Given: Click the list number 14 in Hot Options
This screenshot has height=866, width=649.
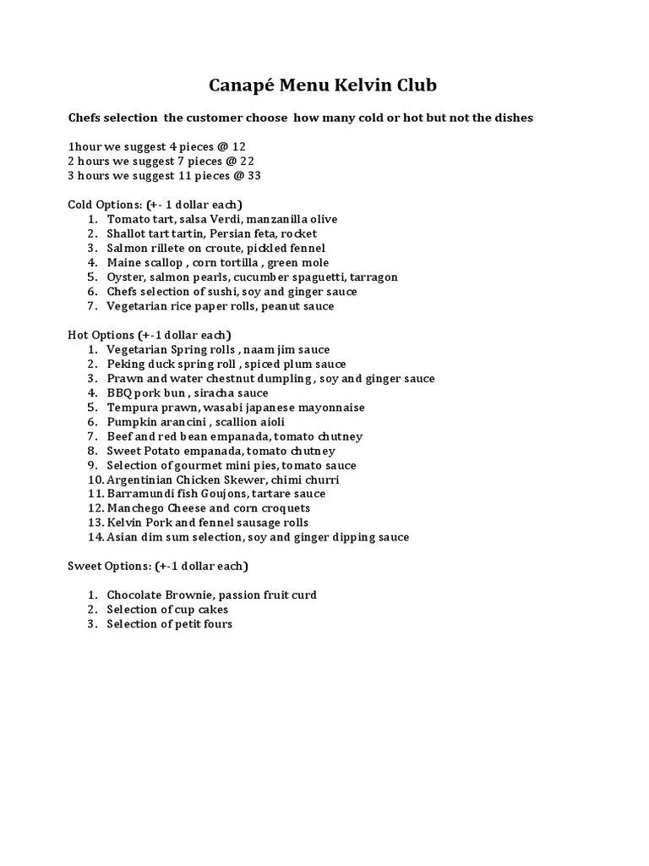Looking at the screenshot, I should [x=94, y=537].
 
